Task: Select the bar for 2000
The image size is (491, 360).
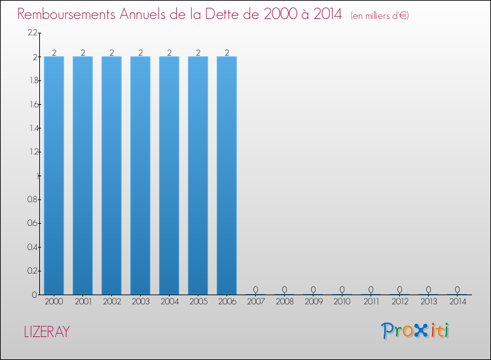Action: pyautogui.click(x=54, y=175)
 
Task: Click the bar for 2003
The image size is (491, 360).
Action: pyautogui.click(x=140, y=175)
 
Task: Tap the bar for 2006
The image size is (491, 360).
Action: pyautogui.click(x=227, y=175)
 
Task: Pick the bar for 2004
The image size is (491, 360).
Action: pyautogui.click(x=169, y=175)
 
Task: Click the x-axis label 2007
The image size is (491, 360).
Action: pyautogui.click(x=255, y=302)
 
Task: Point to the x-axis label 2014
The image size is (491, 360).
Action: pyautogui.click(x=457, y=302)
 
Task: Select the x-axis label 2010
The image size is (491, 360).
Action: pyautogui.click(x=342, y=302)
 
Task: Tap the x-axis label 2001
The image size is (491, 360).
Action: pyautogui.click(x=82, y=302)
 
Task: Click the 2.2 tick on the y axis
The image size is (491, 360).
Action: pyautogui.click(x=32, y=33)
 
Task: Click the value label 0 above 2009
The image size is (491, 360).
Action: pyautogui.click(x=313, y=289)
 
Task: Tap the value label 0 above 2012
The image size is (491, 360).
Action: pyautogui.click(x=399, y=289)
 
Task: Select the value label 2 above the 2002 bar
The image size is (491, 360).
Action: pyautogui.click(x=111, y=52)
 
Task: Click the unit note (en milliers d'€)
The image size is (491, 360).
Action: pyautogui.click(x=380, y=15)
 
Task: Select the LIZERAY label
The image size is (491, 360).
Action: pyautogui.click(x=46, y=332)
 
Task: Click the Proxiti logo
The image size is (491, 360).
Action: pyautogui.click(x=415, y=331)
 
